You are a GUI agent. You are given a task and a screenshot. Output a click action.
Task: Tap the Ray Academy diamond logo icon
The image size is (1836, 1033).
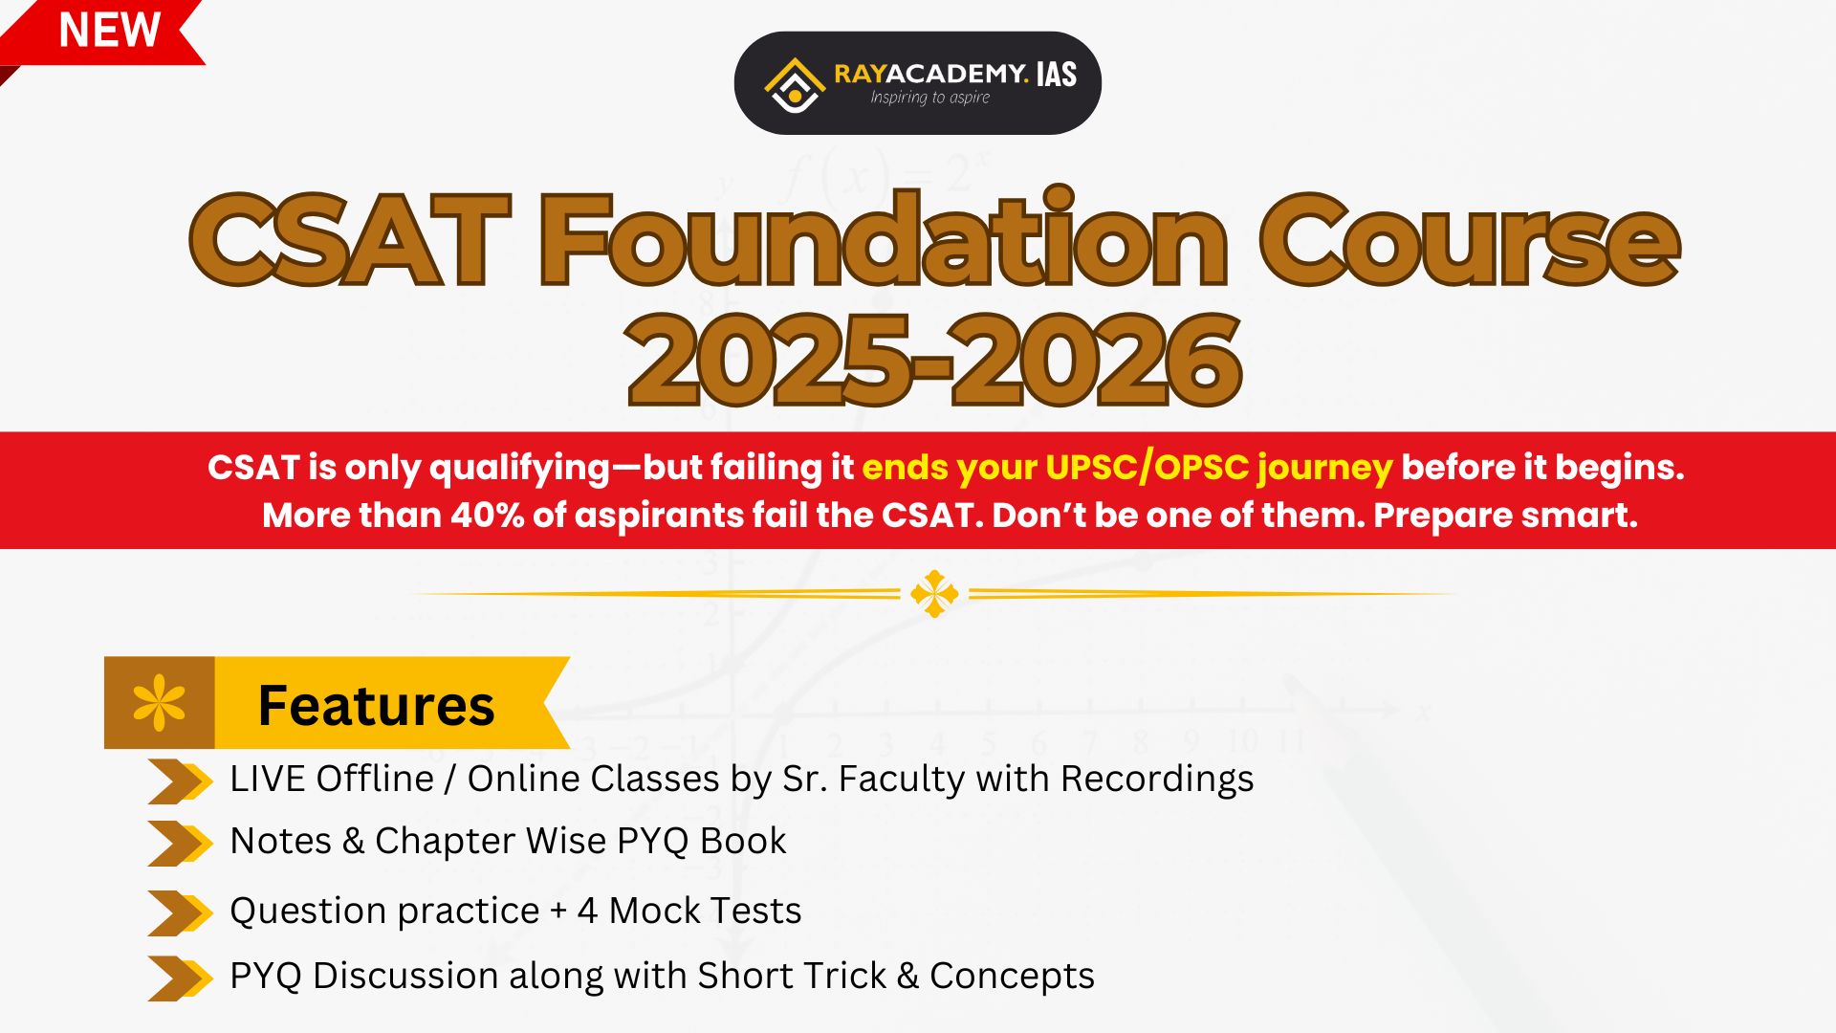tap(794, 85)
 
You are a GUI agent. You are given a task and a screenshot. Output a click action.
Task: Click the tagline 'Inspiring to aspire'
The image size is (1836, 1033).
tap(929, 98)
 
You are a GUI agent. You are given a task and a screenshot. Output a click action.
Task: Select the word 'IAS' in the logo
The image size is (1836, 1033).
tap(1057, 75)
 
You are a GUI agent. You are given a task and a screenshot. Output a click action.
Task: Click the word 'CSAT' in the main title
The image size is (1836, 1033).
tap(350, 240)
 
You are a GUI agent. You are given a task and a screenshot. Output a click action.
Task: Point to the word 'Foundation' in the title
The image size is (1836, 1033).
tap(884, 237)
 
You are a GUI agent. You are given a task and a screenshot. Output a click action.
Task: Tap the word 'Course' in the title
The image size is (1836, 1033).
tap(1470, 240)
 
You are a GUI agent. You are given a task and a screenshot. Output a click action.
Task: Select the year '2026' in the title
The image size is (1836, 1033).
tap(1097, 361)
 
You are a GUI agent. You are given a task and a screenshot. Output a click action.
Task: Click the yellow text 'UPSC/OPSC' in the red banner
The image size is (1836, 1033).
tap(1147, 467)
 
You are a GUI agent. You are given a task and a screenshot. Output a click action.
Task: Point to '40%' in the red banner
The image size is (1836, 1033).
tap(487, 515)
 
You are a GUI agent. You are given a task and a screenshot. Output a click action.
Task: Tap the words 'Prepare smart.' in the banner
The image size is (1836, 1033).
tap(1505, 516)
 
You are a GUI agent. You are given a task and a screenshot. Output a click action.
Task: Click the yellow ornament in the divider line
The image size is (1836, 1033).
tap(934, 594)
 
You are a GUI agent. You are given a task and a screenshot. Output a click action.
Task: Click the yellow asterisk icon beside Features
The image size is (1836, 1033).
tap(160, 703)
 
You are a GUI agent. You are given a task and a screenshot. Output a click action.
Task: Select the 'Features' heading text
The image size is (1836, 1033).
tap(376, 705)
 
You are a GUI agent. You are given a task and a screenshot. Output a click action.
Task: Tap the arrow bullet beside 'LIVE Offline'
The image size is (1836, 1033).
tap(180, 781)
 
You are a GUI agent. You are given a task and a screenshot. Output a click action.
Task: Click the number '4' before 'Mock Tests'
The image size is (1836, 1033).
tap(587, 911)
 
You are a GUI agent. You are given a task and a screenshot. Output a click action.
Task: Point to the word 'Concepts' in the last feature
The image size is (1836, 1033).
tap(1012, 977)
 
